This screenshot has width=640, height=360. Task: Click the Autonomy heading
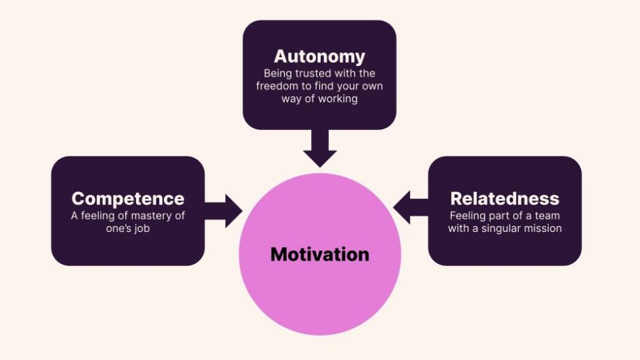[x=319, y=56]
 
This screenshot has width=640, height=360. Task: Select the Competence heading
[x=128, y=199]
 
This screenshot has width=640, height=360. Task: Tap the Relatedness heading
[x=505, y=199]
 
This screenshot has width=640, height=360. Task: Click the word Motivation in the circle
[x=319, y=255]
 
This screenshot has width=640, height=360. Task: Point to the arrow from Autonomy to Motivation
[x=319, y=148]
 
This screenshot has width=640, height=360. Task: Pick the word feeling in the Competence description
[x=99, y=216]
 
